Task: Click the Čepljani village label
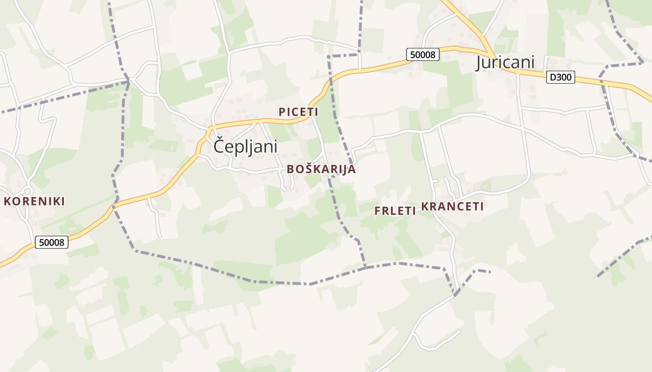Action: tap(245, 146)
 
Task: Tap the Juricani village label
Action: tap(505, 62)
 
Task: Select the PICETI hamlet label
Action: tap(299, 112)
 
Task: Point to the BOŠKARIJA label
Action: tap(321, 169)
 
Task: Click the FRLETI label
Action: tap(395, 211)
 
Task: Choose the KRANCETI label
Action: tap(453, 207)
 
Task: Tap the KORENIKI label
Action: tap(34, 201)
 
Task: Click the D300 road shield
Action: tap(561, 77)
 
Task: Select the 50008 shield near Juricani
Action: tap(423, 54)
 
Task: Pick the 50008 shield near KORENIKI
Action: tap(52, 242)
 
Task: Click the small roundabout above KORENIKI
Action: tap(27, 191)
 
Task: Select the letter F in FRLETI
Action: tap(378, 211)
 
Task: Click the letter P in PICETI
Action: tap(282, 112)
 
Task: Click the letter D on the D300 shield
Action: tap(553, 77)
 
